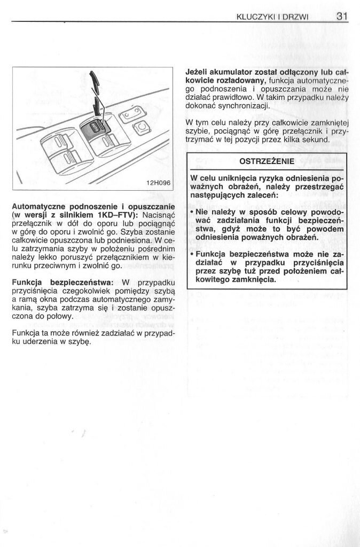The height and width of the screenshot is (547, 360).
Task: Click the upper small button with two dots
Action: coord(132,113)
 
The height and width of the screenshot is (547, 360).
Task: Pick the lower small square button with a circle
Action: coord(142,128)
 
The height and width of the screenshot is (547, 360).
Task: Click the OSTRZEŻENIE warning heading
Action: coord(267,161)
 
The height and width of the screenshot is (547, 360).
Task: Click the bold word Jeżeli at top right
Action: coord(198,72)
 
